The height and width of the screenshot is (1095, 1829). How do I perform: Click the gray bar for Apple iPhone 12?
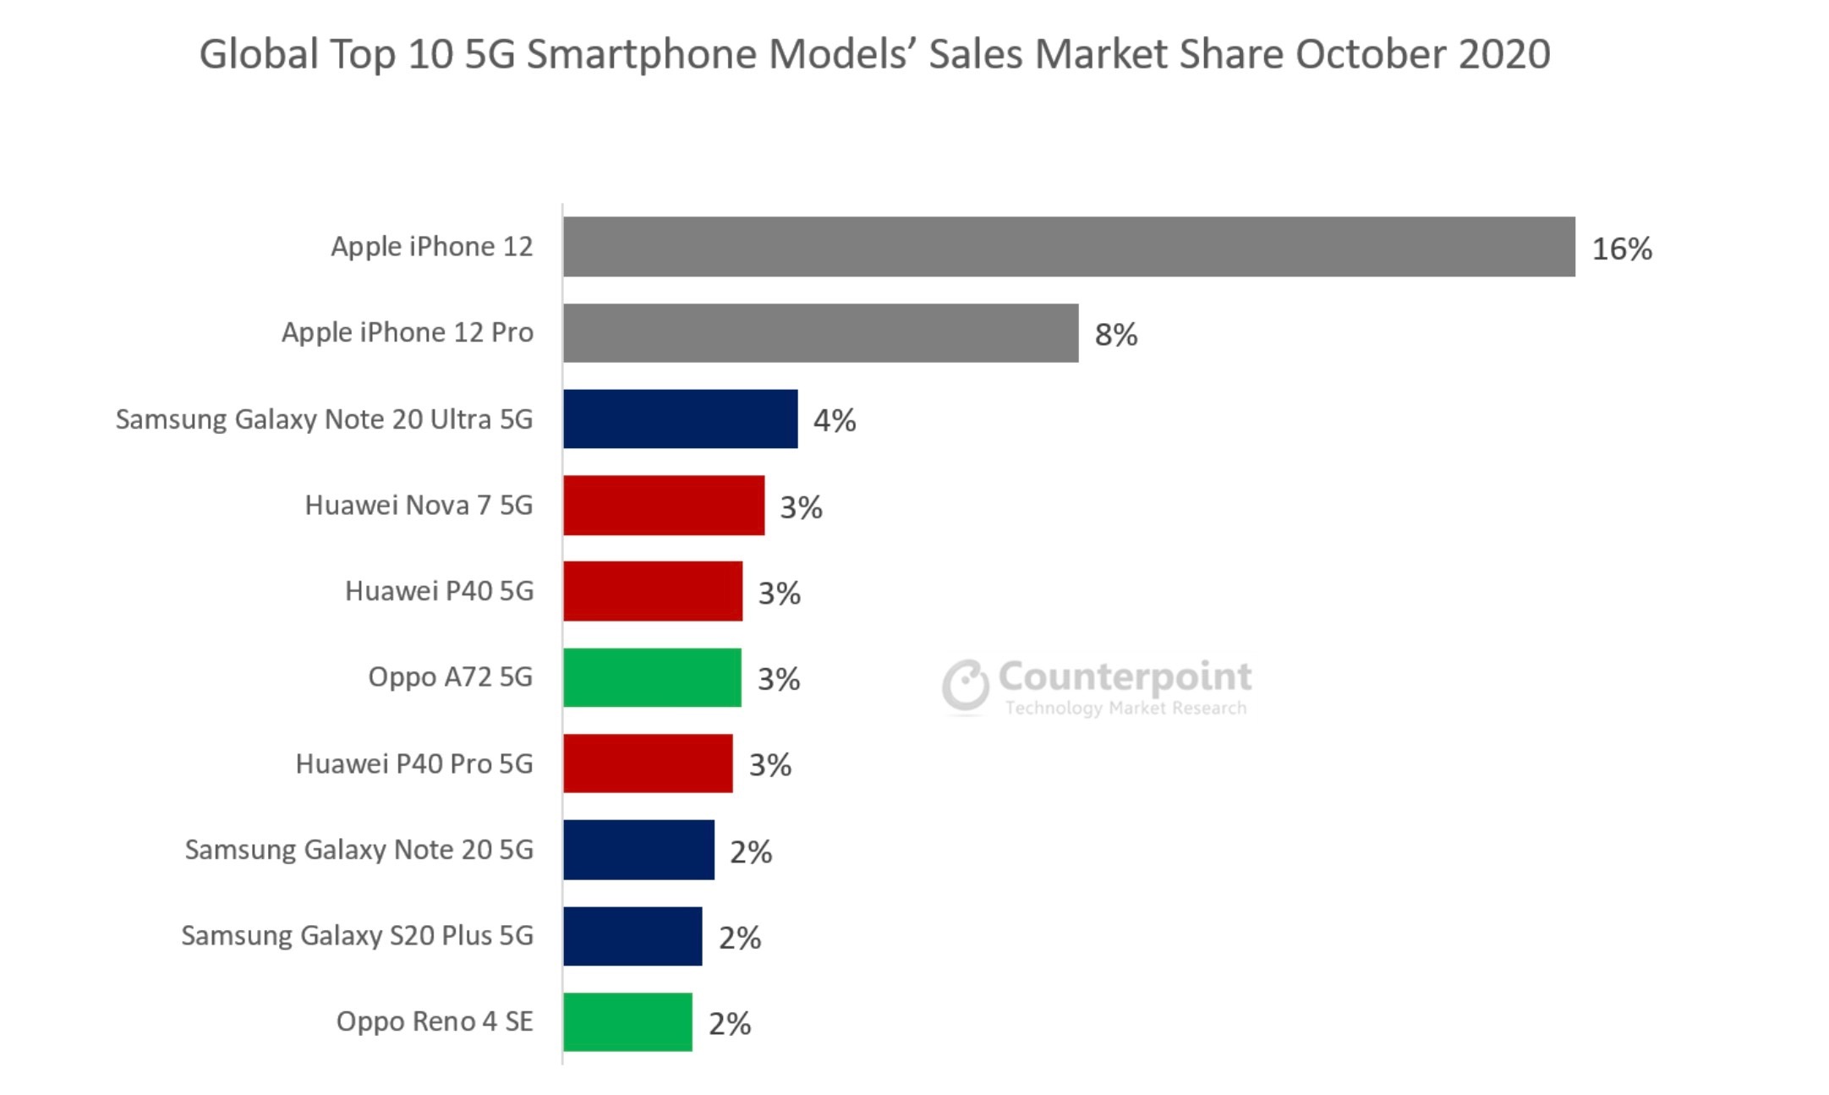[x=1069, y=246]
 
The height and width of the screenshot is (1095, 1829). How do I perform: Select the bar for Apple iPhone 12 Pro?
[x=820, y=333]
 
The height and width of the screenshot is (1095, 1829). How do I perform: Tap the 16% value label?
[x=1621, y=249]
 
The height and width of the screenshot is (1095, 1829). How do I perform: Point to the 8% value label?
[x=1115, y=335]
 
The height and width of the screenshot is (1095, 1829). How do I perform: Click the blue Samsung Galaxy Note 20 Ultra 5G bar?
[x=680, y=419]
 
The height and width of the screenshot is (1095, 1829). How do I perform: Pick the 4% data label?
[x=834, y=420]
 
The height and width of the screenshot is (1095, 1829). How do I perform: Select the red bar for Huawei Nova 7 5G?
[x=664, y=505]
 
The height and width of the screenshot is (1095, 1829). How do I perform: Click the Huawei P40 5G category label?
[x=439, y=590]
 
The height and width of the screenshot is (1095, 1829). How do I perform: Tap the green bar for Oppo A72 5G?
[x=652, y=677]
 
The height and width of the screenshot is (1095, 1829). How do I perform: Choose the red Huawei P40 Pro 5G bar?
[x=648, y=764]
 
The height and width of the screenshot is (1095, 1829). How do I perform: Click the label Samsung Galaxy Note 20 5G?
[x=359, y=849]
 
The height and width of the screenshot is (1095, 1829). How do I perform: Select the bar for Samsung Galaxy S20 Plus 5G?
[x=632, y=935]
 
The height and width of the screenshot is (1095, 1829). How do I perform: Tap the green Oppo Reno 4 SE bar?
[x=627, y=1021]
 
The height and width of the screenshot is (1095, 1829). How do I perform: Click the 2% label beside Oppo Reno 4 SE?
[x=729, y=1023]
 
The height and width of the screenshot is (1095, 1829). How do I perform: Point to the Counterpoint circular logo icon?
[x=965, y=685]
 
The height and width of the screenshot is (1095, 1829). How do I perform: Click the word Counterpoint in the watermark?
[x=1125, y=676]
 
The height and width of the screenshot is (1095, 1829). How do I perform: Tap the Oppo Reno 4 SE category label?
[x=434, y=1021]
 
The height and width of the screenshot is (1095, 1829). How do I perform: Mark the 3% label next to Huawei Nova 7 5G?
[x=800, y=507]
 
